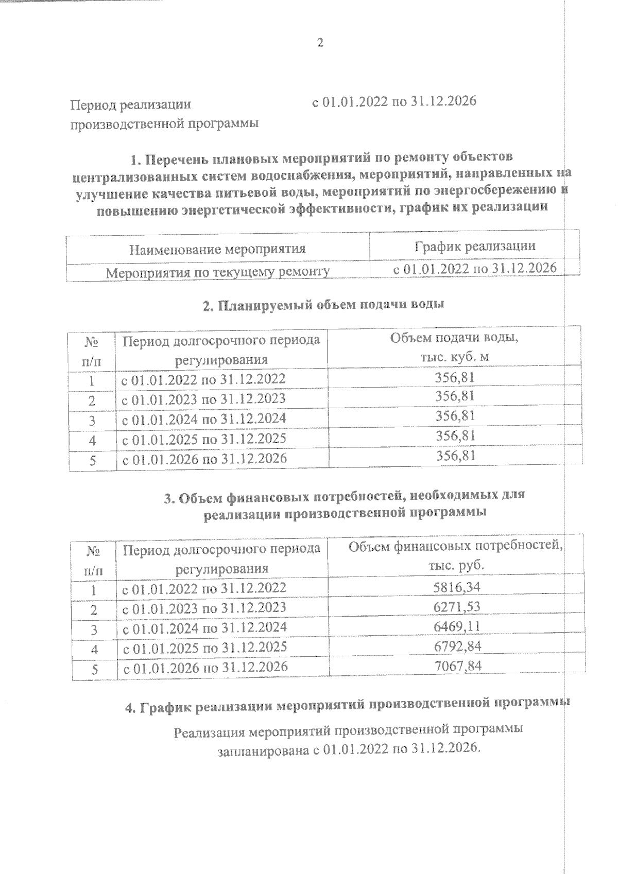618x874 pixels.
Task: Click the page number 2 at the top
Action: pyautogui.click(x=320, y=43)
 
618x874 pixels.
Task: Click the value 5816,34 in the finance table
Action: pyautogui.click(x=457, y=587)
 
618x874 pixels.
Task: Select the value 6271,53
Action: pyautogui.click(x=457, y=607)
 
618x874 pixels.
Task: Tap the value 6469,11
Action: pyautogui.click(x=457, y=627)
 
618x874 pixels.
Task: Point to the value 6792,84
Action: pyautogui.click(x=457, y=646)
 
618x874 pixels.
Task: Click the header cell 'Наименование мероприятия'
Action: pyautogui.click(x=217, y=250)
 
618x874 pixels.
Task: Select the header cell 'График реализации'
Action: pyautogui.click(x=475, y=246)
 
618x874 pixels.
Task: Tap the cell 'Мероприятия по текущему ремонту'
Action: pyautogui.click(x=217, y=272)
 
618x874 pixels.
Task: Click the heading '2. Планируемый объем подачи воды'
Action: pyautogui.click(x=323, y=305)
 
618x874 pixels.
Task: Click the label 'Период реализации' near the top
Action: pyautogui.click(x=131, y=104)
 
